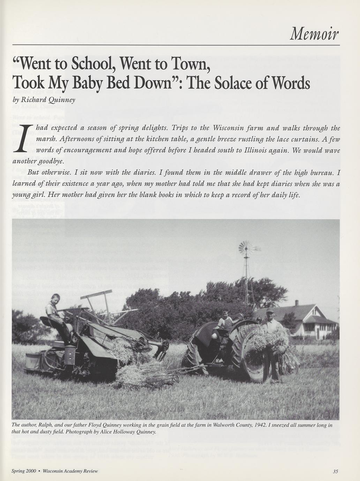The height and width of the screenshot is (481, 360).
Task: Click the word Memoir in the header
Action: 314,34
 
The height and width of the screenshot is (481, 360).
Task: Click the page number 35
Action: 336,471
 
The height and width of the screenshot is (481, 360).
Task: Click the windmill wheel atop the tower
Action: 246,248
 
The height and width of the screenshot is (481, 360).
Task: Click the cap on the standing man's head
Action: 270,310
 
